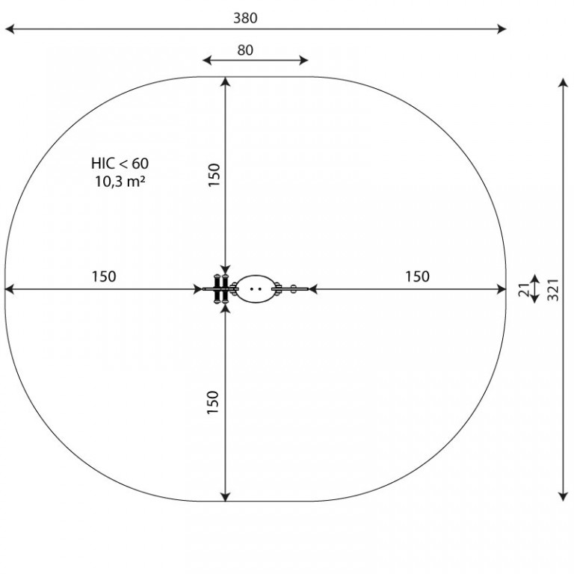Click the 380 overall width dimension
(x=245, y=18)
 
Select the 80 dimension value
(x=245, y=50)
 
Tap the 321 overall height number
(x=553, y=290)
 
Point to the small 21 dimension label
(x=524, y=290)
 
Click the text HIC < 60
(x=120, y=163)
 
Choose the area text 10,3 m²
(x=120, y=181)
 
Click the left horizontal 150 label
(x=104, y=277)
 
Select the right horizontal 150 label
(x=417, y=277)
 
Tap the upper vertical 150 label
(x=214, y=175)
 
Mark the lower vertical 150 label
(x=213, y=402)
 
